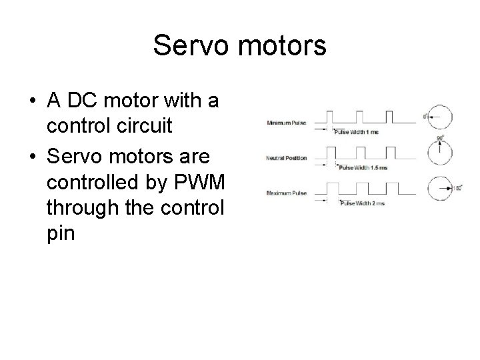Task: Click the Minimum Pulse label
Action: point(287,123)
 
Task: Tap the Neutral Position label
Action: point(286,158)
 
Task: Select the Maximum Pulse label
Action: point(287,193)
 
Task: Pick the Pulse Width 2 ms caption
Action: point(363,203)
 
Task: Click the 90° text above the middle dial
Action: point(441,138)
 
